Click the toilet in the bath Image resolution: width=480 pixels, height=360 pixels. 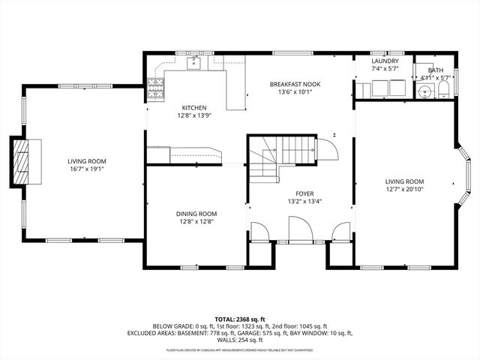pos(443,91)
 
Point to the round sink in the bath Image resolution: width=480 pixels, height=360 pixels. pos(425,91)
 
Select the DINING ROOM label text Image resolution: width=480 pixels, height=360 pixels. pos(196,214)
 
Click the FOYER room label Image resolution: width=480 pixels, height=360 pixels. pos(304,193)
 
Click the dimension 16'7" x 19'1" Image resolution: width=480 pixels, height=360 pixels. pos(86,169)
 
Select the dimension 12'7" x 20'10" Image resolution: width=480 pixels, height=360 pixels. pos(404,189)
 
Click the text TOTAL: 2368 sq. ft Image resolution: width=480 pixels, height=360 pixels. pos(240,319)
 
